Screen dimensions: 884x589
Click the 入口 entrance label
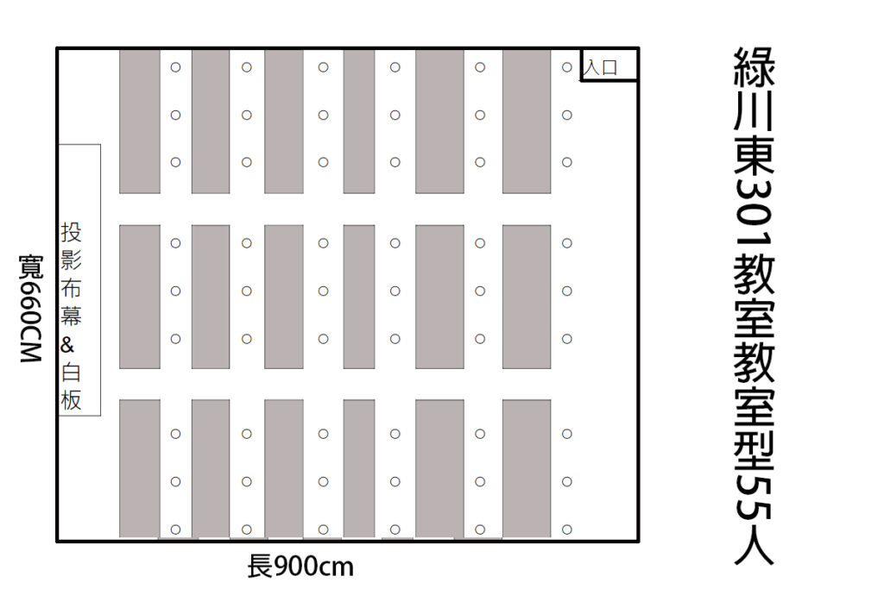point(601,67)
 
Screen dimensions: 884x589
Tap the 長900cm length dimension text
point(300,567)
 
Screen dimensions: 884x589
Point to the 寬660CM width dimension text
point(30,309)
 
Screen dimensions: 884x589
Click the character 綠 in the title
point(755,67)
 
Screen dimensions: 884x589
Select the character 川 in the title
point(755,111)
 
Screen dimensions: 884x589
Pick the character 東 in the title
point(755,155)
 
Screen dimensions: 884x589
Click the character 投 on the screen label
point(71,232)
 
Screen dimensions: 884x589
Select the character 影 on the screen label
point(71,260)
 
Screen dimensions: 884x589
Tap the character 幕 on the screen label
point(71,316)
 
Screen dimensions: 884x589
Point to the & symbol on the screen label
point(67,345)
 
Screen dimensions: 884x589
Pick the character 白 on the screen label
point(71,373)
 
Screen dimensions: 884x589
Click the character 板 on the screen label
point(71,400)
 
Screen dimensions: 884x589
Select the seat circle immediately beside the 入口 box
point(567,67)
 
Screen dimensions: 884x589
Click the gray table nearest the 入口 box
point(527,122)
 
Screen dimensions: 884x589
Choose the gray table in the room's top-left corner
point(140,122)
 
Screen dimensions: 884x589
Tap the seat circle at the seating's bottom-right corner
point(567,529)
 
